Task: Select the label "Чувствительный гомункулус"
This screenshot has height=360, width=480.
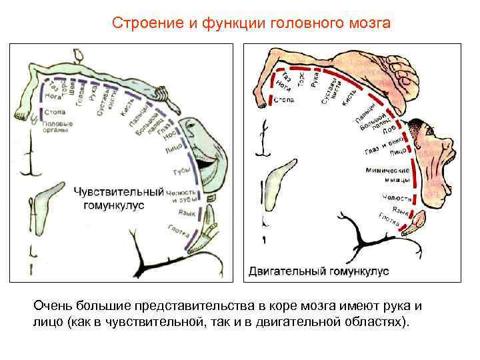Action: pos(118,198)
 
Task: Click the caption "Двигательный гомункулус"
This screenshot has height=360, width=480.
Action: pos(318,271)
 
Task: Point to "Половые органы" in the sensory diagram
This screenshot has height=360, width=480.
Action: pos(57,127)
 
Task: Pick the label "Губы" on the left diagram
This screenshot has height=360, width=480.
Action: pos(181,171)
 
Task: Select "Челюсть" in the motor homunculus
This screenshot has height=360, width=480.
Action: pos(393,197)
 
